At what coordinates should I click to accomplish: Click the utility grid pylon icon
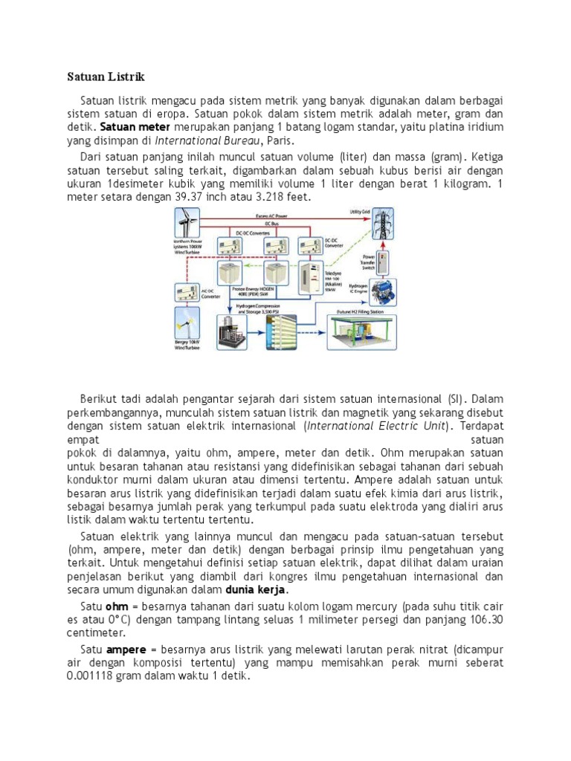[383, 227]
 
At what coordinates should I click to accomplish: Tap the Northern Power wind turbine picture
[187, 224]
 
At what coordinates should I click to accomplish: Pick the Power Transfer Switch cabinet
[382, 261]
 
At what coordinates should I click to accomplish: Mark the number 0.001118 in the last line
[85, 677]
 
